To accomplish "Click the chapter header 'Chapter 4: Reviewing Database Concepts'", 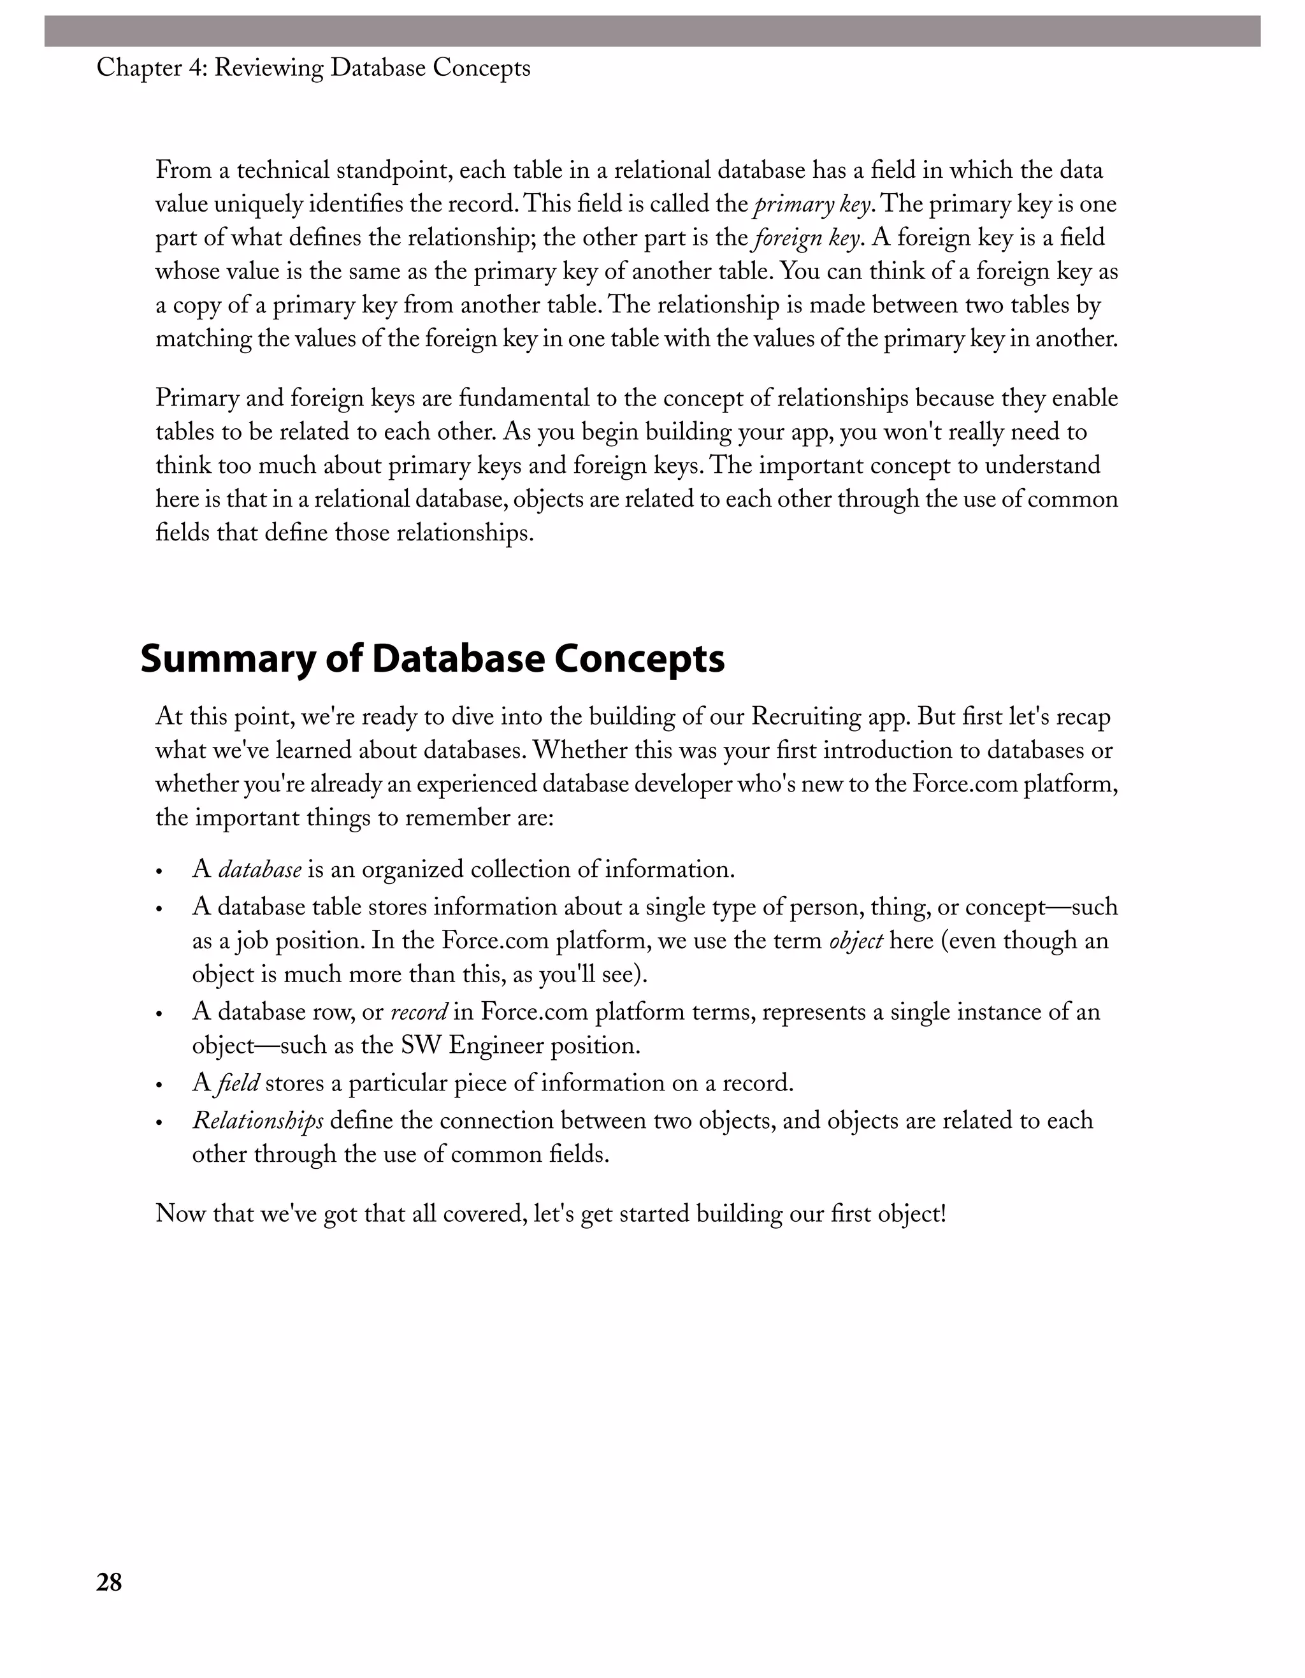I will [314, 68].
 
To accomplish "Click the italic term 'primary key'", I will [812, 205].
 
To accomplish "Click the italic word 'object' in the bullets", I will [856, 941].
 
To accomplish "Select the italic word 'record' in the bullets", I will [419, 1012].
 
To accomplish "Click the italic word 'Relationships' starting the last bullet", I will [257, 1121].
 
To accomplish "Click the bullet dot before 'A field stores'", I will [160, 1085].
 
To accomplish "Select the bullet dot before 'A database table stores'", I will [160, 909].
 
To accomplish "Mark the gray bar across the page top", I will [652, 31].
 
